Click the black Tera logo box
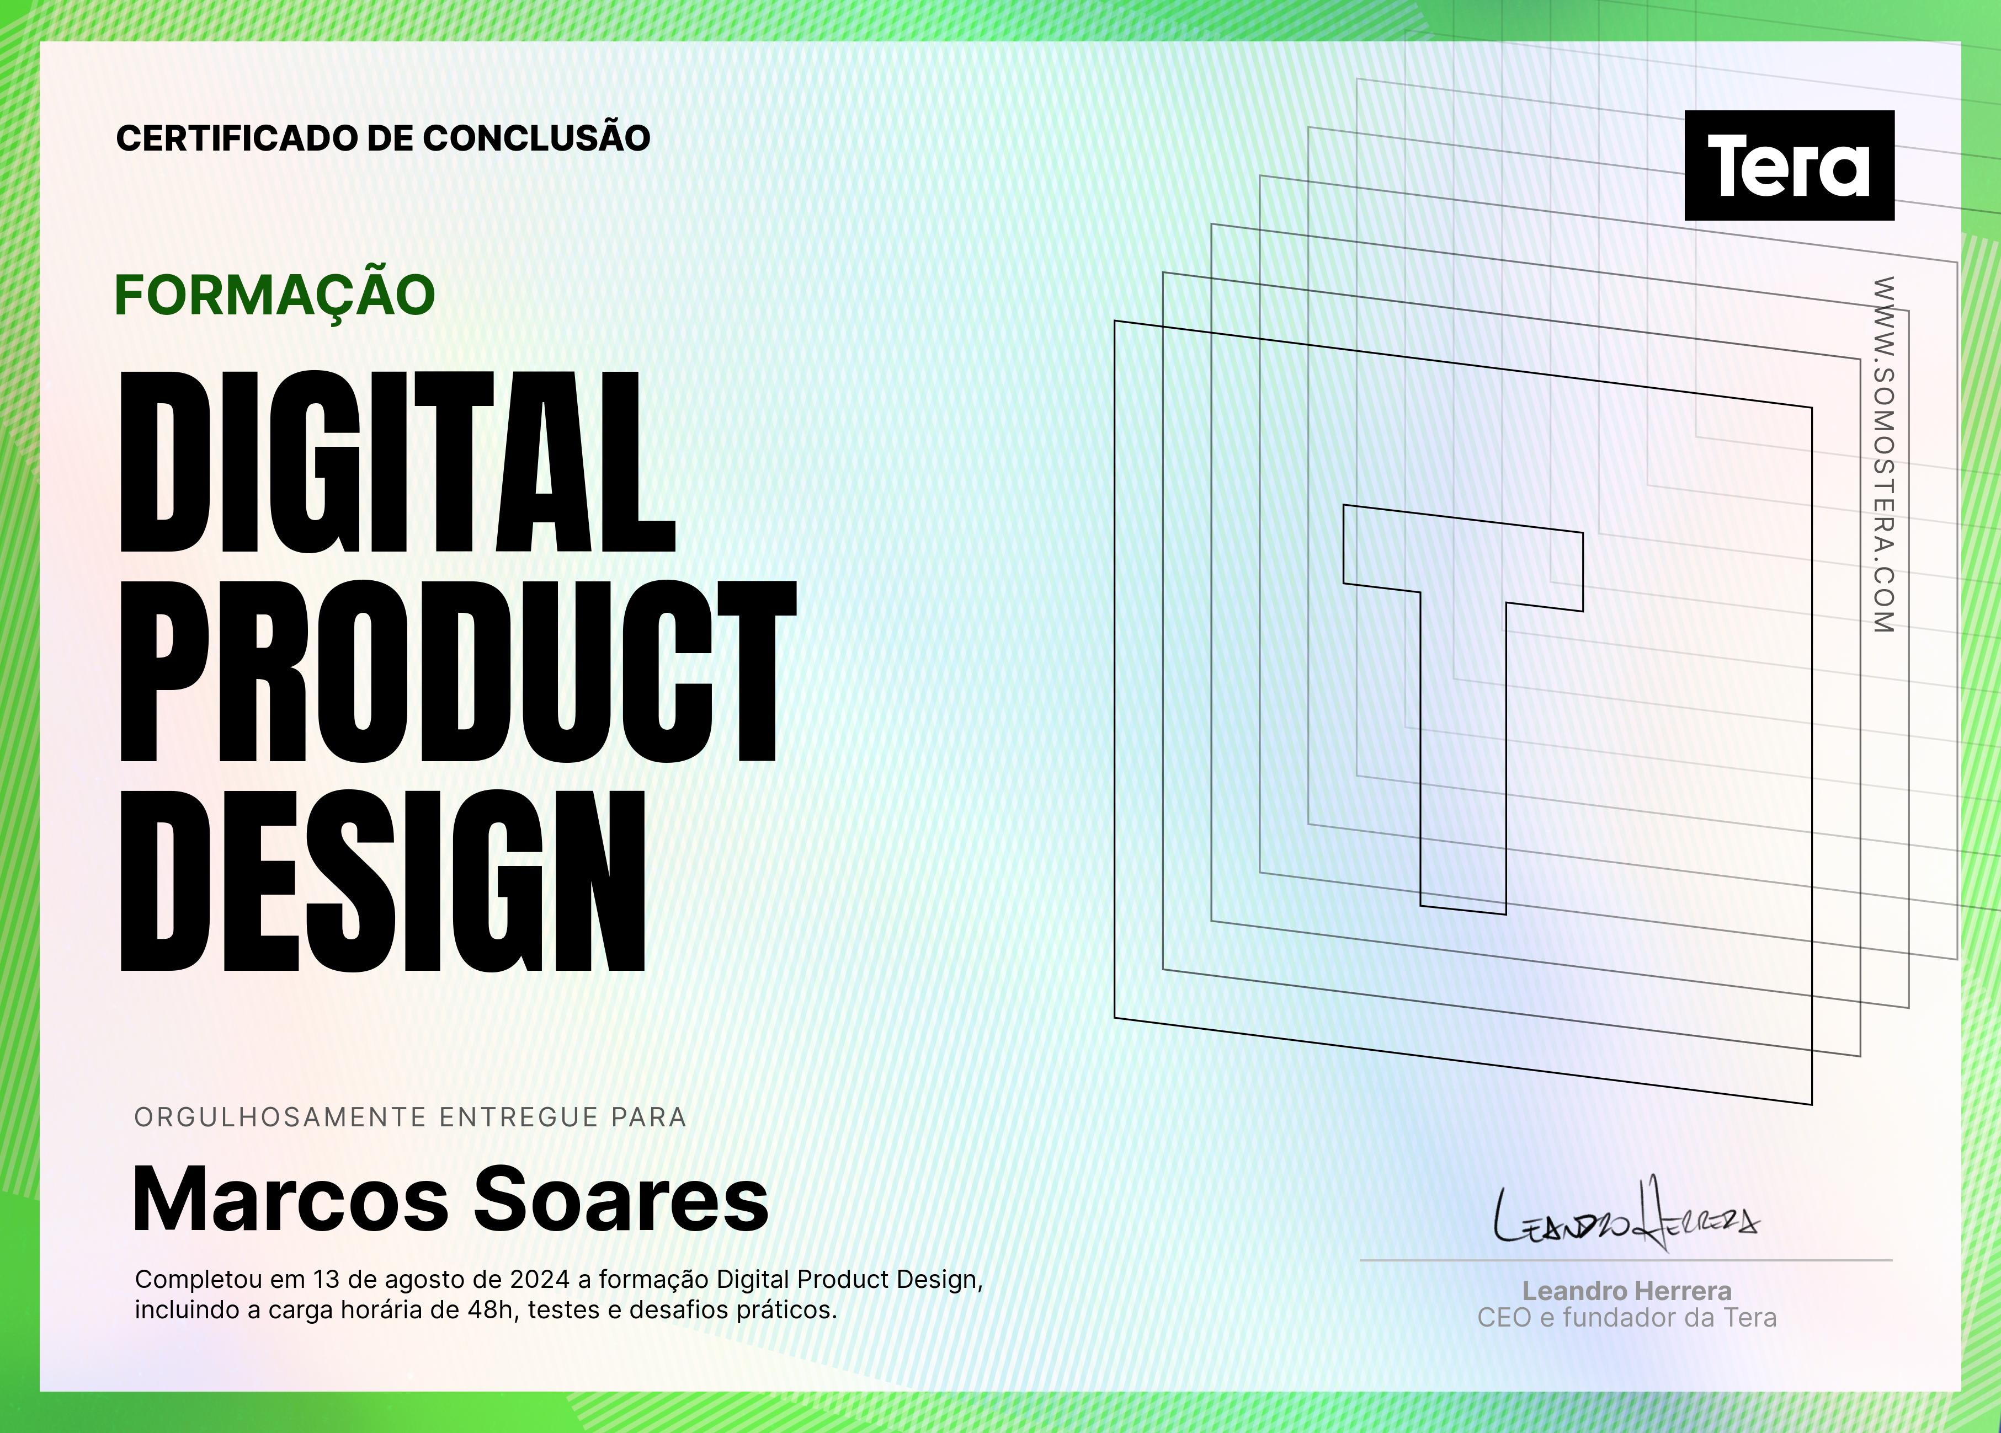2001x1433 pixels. tap(1789, 165)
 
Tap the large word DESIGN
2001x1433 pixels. tap(382, 880)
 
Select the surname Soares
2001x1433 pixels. tap(622, 1199)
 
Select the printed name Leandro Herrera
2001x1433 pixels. tap(1627, 1291)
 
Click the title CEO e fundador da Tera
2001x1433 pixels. tap(1627, 1318)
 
